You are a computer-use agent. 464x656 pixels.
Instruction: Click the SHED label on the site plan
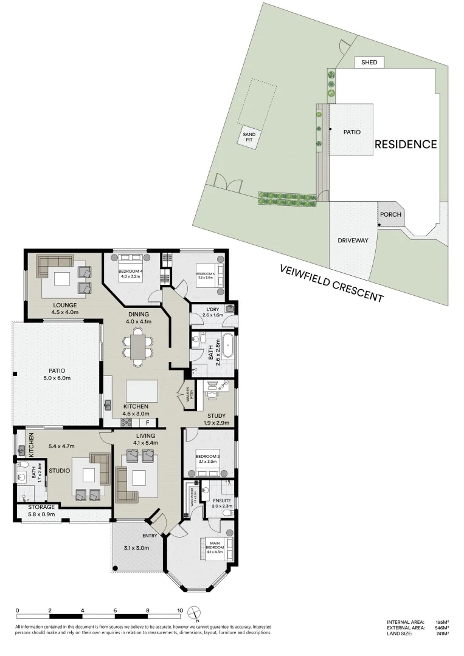[x=369, y=63]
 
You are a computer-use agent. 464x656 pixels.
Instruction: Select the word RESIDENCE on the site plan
[x=406, y=145]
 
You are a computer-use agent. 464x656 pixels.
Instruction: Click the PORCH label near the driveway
[x=390, y=214]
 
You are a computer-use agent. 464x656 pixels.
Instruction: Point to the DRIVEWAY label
[x=353, y=241]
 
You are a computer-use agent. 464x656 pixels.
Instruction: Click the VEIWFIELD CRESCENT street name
[x=331, y=284]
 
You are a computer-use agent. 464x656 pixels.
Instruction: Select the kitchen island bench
[x=141, y=389]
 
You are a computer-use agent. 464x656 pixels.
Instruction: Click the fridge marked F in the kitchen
[x=148, y=422]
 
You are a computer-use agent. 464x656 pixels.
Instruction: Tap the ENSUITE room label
[x=222, y=502]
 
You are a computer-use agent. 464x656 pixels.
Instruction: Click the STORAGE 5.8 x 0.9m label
[x=41, y=510]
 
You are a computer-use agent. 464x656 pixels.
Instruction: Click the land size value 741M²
[x=442, y=634]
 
